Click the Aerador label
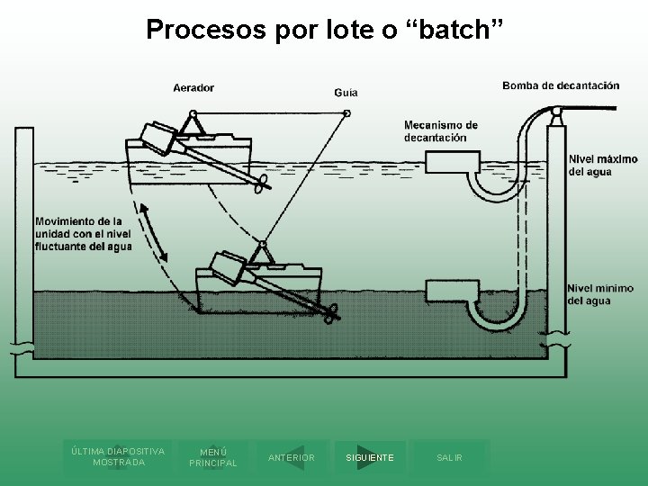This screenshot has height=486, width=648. point(193,87)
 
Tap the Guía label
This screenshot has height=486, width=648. point(346,92)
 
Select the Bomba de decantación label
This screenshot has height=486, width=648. point(561,85)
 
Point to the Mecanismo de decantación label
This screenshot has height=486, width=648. point(441,131)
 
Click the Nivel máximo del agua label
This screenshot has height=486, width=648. point(603,166)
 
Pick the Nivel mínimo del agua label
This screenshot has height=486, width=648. point(601,294)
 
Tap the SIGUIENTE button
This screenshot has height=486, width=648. point(369,458)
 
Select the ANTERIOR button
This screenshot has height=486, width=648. point(292,458)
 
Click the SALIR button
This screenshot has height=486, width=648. point(449,458)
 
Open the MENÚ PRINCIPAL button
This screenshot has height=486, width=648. point(213,457)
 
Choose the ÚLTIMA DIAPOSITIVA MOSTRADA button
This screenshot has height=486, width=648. point(118,456)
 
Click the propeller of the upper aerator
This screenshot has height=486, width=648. point(261,184)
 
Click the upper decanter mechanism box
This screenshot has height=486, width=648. point(445,161)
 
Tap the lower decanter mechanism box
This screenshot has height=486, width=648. point(445,290)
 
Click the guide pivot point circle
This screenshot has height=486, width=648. point(347,112)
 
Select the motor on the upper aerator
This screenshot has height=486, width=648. point(156,137)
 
